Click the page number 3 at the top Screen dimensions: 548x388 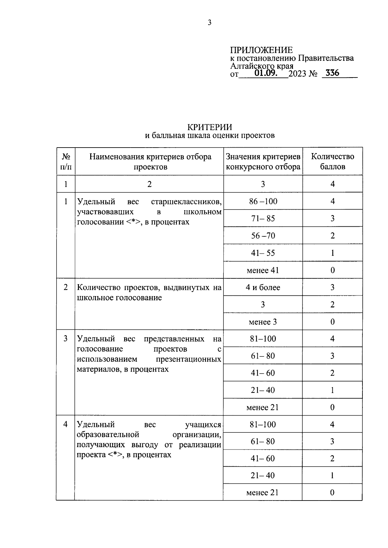click(x=209, y=23)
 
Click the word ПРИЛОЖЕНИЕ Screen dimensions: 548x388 click(x=261, y=50)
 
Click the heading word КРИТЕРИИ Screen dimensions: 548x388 click(x=210, y=127)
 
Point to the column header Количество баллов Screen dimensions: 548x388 click(x=332, y=161)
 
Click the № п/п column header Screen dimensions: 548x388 click(x=66, y=161)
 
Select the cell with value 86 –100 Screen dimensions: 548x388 click(x=263, y=202)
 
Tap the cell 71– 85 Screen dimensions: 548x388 click(x=263, y=219)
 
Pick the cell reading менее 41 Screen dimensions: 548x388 click(x=263, y=270)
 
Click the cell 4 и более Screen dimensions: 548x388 click(x=263, y=287)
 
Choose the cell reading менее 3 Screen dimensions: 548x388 click(x=263, y=322)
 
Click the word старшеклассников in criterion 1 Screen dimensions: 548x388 click(x=186, y=202)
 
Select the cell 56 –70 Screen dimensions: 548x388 click(x=263, y=236)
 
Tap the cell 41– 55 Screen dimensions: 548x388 click(x=263, y=253)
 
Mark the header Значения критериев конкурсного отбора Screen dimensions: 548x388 click(x=263, y=161)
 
